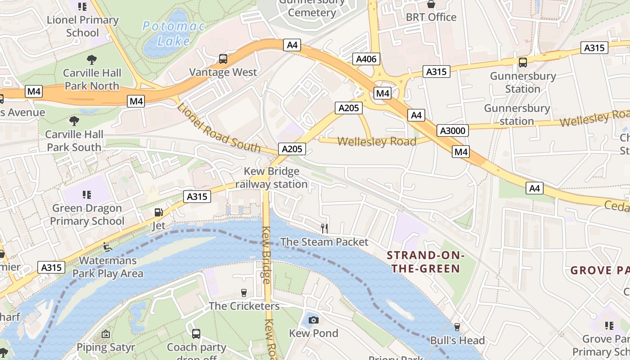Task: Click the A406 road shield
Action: (366, 59)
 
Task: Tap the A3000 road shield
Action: (453, 130)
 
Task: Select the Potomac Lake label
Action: (174, 34)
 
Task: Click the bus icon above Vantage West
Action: (223, 59)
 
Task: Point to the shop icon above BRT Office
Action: (431, 4)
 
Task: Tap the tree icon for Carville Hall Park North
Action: (92, 59)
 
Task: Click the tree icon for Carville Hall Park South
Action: (74, 121)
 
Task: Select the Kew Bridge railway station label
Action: (271, 178)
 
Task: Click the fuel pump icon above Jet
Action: (158, 212)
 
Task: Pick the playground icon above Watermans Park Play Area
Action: (108, 247)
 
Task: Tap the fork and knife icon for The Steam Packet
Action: (324, 229)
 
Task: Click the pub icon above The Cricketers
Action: (244, 293)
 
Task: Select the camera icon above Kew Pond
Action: (314, 320)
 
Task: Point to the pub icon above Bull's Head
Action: (457, 327)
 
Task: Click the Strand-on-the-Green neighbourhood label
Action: (425, 262)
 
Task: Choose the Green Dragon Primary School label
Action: (87, 215)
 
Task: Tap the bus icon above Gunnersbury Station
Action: (522, 63)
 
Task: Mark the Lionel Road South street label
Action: (219, 128)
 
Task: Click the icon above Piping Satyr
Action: (105, 334)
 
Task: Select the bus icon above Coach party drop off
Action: (196, 333)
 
